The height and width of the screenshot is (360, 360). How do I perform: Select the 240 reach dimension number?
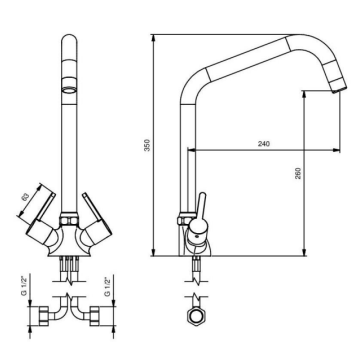coord(263,144)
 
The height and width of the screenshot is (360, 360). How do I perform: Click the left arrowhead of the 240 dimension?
coord(191,150)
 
